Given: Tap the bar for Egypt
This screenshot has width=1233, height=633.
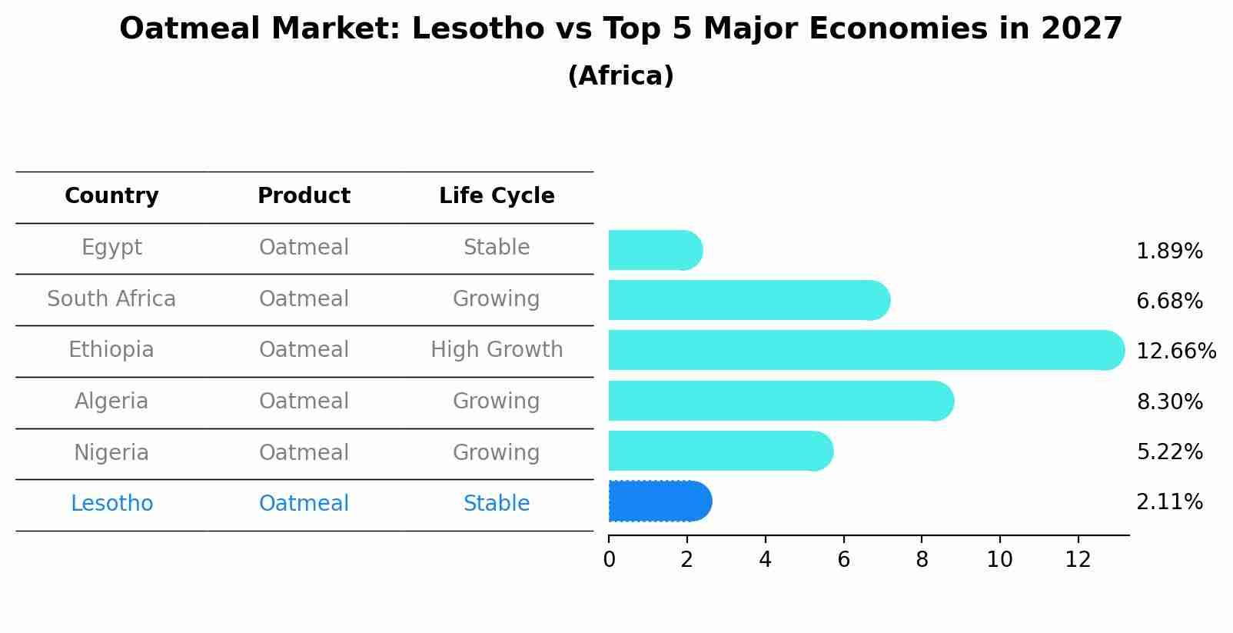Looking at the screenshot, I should coord(654,250).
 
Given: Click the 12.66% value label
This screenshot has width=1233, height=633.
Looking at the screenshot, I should coord(1175,351).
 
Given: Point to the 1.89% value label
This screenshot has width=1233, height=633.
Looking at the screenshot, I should coord(1168,252).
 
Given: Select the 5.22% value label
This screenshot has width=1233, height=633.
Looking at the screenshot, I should coord(1168,452).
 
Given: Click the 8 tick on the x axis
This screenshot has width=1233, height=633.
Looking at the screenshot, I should coord(922,559).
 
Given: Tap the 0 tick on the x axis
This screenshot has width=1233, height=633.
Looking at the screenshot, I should coord(609,559).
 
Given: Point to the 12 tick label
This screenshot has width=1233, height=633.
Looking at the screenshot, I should coord(1078,559).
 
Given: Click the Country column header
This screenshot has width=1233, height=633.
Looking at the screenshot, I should coord(111,196).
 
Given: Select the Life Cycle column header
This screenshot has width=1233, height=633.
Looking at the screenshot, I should coord(497,196).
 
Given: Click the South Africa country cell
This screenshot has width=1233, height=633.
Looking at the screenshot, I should coord(111,298).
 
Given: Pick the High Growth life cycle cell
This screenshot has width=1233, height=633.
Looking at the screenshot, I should coord(497,350).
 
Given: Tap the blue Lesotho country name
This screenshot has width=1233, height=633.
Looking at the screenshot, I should coord(111,504).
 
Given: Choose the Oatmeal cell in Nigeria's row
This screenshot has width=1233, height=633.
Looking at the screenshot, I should coord(304,452).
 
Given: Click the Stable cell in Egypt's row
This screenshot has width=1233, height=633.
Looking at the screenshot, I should coord(497,248).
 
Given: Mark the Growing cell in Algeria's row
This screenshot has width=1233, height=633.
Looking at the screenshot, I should coord(497,401).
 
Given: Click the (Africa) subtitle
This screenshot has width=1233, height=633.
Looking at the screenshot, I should coord(620,76).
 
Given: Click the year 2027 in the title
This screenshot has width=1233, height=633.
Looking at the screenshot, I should coord(1082,29).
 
